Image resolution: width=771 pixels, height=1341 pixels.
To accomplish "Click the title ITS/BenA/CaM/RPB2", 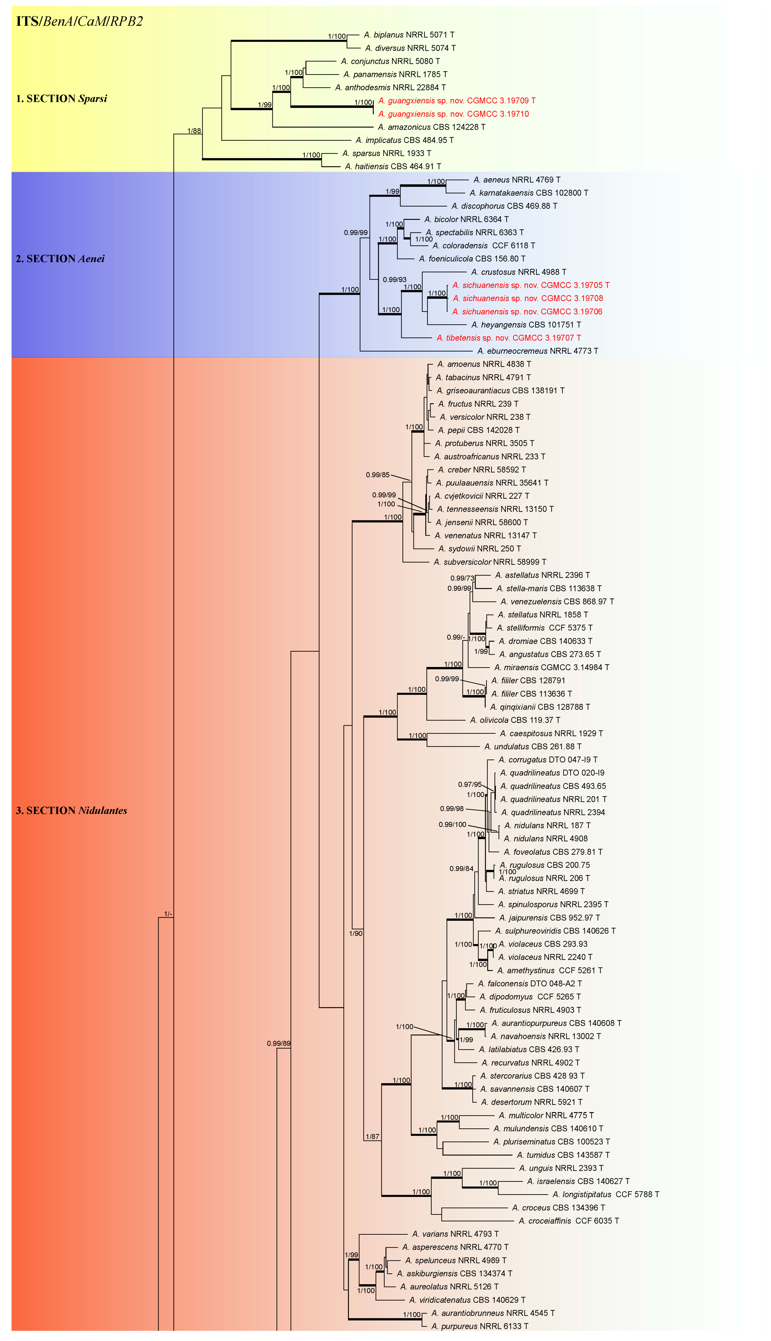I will (x=79, y=21).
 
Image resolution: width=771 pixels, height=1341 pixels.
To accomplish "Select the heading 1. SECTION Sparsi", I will (x=62, y=99).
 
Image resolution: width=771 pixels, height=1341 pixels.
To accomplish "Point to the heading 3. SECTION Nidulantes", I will (x=72, y=810).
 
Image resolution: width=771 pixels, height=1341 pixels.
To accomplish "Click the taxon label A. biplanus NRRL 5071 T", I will (x=409, y=35).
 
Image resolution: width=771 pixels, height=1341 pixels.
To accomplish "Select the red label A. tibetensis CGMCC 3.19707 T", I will (x=508, y=338).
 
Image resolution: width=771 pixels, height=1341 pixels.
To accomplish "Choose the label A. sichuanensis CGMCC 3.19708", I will (x=527, y=298).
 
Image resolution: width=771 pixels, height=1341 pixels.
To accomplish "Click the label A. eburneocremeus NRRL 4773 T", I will (x=537, y=351).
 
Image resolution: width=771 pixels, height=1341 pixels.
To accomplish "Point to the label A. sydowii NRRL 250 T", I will (x=479, y=549).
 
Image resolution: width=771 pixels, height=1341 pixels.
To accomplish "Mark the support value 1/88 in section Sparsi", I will (x=194, y=131).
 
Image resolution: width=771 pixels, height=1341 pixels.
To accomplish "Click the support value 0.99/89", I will (x=279, y=1043).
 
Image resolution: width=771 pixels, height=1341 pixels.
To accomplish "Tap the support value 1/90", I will (x=356, y=933).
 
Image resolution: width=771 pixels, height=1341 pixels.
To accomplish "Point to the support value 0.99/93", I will (x=394, y=280).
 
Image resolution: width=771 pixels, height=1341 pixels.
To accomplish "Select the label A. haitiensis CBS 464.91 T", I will (x=393, y=166).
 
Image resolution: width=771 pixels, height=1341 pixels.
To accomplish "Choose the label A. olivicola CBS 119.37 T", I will (x=515, y=720).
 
